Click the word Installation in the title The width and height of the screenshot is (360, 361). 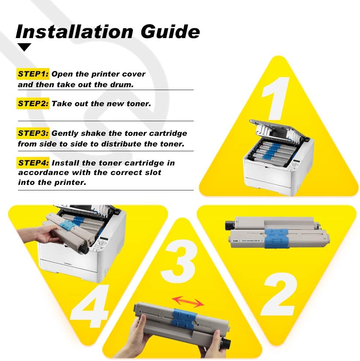pos(75,31)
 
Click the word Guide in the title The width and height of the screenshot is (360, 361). pos(170,31)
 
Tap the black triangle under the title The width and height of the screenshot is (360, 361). pos(24,47)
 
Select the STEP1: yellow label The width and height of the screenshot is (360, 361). pos(33,74)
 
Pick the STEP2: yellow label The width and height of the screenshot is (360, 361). pos(33,104)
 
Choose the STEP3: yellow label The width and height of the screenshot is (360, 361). pos(33,133)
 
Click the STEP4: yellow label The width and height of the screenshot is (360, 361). pos(33,163)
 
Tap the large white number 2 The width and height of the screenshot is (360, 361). pos(279,294)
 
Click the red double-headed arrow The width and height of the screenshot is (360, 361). pos(188,302)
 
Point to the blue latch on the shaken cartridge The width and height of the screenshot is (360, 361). pos(183,319)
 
